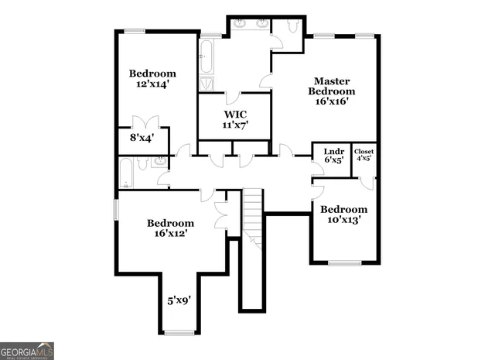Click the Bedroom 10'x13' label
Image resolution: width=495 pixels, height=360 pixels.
344,214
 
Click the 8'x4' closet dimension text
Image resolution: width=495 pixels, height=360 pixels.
141,138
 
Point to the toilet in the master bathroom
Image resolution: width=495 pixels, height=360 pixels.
292,26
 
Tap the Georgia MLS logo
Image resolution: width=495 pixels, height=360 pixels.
27,350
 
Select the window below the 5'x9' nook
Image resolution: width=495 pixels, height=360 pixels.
180,333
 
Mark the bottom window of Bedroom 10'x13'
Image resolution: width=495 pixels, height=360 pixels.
345,263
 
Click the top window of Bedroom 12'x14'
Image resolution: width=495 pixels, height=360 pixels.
135,31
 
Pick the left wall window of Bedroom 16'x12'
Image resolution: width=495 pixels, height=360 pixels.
116,210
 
